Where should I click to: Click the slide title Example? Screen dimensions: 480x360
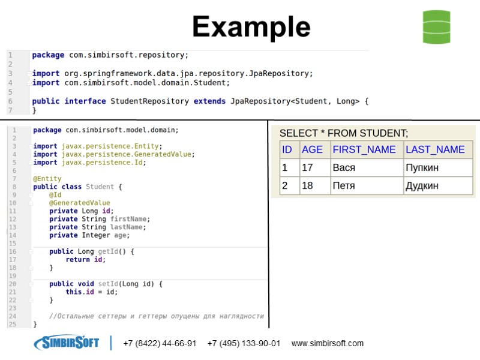[x=251, y=27]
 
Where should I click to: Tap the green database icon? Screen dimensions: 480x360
[x=436, y=27]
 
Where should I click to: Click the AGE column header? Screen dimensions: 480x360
[x=312, y=149]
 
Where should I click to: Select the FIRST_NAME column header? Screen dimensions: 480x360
[x=364, y=149]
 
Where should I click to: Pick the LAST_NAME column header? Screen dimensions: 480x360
[x=435, y=149]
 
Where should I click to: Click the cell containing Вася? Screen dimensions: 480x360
[x=344, y=167]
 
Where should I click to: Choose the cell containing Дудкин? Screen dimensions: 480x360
[x=422, y=185]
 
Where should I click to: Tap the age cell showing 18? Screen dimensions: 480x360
[x=307, y=185]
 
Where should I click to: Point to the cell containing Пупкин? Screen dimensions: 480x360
[x=422, y=167]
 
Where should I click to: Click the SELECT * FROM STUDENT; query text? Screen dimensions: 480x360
[x=344, y=133]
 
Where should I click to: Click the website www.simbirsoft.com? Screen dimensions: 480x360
[x=328, y=344]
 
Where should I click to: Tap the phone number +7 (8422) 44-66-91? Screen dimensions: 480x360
[x=160, y=344]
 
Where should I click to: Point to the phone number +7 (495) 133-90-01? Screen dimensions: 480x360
[x=244, y=344]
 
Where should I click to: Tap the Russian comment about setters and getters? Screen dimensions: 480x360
[x=156, y=316]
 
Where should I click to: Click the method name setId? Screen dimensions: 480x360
[x=107, y=284]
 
